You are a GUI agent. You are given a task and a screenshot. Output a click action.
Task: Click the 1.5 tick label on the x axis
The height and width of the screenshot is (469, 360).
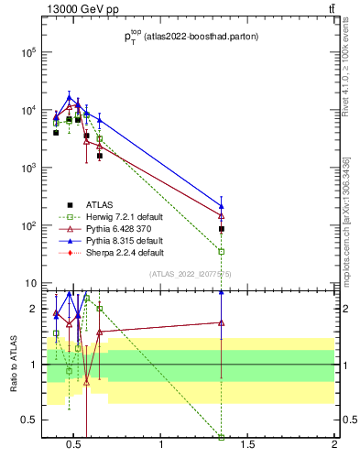(247, 445)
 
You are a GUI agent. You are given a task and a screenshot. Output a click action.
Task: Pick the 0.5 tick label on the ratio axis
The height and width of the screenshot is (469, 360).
(28, 420)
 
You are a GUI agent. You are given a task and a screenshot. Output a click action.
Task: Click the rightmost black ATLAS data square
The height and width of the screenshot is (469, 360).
(222, 229)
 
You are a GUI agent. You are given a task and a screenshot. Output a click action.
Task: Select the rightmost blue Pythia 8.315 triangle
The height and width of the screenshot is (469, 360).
(222, 206)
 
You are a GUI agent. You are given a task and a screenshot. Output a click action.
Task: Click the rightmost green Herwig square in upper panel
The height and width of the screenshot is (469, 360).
(222, 251)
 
